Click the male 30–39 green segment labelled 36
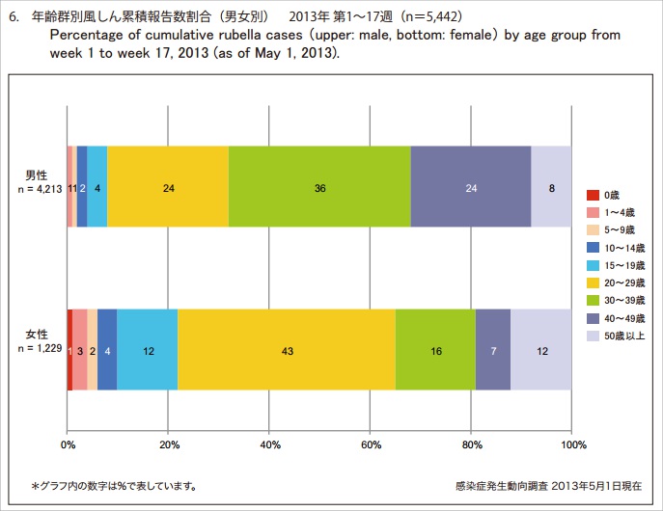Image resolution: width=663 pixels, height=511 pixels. tap(319, 187)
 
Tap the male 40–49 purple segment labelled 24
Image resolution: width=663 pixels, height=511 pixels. tap(470, 187)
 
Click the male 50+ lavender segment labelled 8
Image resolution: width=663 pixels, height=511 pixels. tap(551, 187)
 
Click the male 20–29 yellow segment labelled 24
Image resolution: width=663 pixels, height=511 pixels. tap(168, 187)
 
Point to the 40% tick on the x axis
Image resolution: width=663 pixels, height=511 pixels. tap(269, 445)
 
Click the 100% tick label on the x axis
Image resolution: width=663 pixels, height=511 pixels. tap(573, 445)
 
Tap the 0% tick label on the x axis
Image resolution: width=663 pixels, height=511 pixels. tap(68, 445)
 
